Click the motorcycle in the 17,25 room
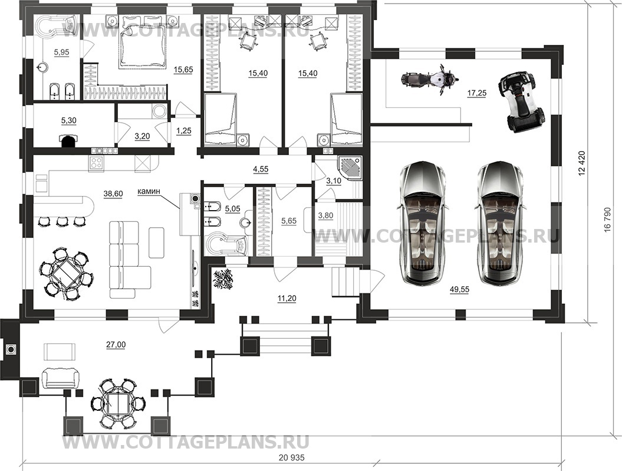coord(427,78)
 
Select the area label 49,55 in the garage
coord(459,290)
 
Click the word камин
coord(149,191)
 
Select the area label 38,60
coord(113,194)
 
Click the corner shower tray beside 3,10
coord(349,169)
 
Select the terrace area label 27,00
coord(116,345)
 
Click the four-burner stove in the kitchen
coord(97,163)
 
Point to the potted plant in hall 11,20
coord(223,279)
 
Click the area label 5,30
coord(69,121)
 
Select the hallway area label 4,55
coord(261,169)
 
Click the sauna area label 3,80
coord(325,215)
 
